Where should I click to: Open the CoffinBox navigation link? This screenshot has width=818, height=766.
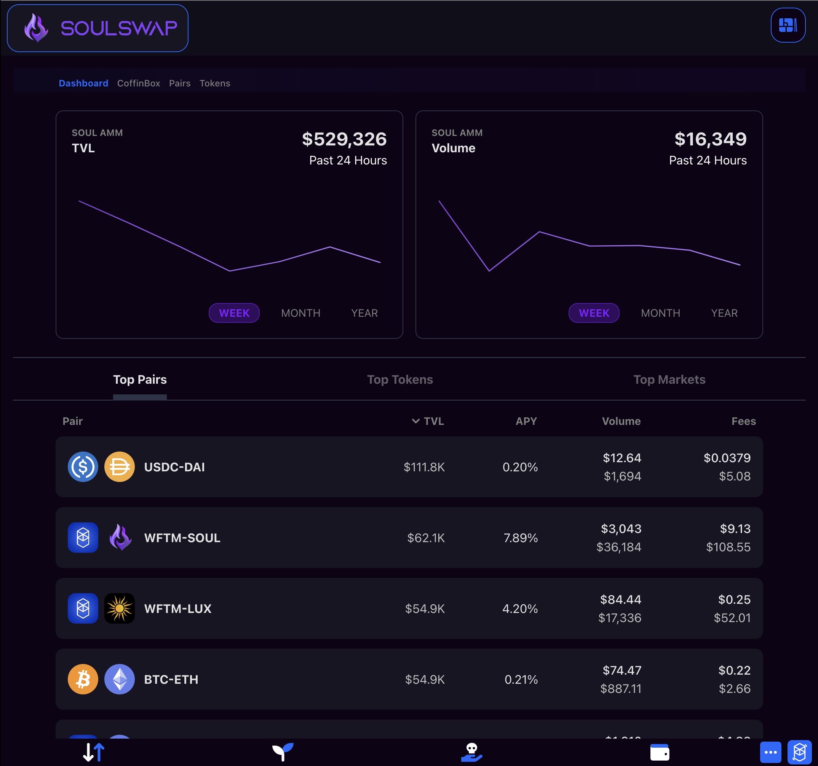click(138, 83)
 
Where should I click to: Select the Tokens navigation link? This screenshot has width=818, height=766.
click(214, 83)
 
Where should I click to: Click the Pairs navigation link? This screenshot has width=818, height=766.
click(179, 83)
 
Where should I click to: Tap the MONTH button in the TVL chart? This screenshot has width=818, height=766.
click(300, 313)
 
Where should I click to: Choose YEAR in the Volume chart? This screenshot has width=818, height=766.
click(724, 313)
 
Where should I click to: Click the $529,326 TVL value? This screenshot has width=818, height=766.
click(344, 139)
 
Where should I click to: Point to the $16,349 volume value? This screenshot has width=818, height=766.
click(710, 139)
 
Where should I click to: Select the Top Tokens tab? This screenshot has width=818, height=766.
click(399, 379)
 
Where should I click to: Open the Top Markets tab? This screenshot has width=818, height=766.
click(669, 379)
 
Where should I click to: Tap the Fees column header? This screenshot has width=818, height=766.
click(743, 421)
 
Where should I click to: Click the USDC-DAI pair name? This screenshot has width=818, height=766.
click(174, 467)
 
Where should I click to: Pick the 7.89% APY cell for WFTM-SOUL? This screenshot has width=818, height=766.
click(521, 538)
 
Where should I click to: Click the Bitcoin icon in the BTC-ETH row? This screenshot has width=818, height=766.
click(83, 679)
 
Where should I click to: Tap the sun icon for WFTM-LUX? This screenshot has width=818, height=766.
click(119, 608)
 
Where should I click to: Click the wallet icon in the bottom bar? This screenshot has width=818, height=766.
click(659, 752)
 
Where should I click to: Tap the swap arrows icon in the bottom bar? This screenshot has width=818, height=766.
click(93, 752)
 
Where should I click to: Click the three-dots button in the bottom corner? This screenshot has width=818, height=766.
click(770, 752)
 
